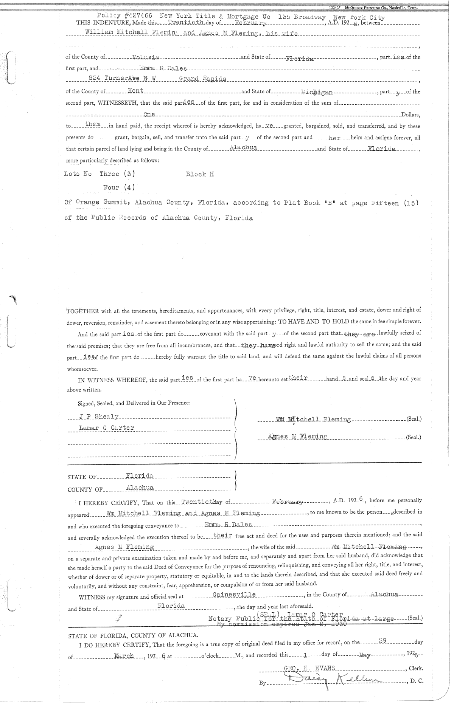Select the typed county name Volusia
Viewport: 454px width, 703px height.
(x=146, y=57)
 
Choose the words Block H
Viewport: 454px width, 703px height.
(x=200, y=174)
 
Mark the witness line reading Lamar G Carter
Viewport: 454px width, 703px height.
(x=106, y=428)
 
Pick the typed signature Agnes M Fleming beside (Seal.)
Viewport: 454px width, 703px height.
(x=297, y=437)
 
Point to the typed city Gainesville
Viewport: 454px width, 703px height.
(x=234, y=595)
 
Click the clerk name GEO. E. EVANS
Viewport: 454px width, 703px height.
(x=309, y=668)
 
